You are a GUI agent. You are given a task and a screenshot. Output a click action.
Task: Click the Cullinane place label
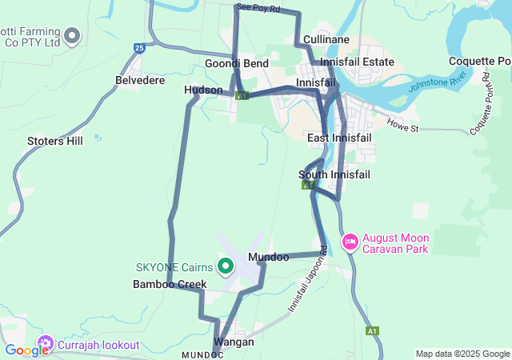pos(326,39)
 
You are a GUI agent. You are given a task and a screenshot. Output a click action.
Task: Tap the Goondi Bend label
pos(237,63)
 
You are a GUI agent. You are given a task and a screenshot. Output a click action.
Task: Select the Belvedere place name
pos(140,80)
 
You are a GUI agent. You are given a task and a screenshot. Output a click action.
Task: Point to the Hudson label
pos(203,90)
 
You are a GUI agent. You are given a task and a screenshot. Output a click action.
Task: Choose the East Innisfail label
pos(339,138)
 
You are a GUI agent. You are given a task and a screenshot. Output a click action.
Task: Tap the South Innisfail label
pos(334,174)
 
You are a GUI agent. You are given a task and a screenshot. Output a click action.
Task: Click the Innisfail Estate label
pos(357,62)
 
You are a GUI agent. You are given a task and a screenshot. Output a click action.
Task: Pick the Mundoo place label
pos(269,258)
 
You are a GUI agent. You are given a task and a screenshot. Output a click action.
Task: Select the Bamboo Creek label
pos(170,284)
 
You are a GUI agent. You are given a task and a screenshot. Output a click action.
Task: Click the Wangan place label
pos(234,342)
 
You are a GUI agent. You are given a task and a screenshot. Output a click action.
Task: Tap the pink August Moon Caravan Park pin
pos(350,242)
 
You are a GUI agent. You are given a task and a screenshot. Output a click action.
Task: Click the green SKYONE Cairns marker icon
pos(226,266)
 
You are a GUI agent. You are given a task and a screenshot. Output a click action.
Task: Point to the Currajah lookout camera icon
pos(45,345)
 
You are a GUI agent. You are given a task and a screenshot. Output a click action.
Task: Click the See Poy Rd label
pos(258,8)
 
